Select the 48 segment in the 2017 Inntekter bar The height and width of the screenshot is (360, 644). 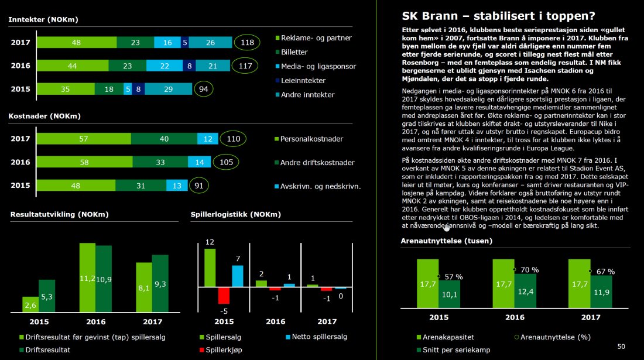click(x=77, y=42)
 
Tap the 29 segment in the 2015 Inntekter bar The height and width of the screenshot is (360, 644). click(x=167, y=89)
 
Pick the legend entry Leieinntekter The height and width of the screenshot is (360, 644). click(x=303, y=80)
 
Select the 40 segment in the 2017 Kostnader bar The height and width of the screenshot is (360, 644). click(x=164, y=139)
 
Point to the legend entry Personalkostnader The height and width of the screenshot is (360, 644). click(x=312, y=139)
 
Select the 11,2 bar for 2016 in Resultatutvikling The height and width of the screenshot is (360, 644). click(x=87, y=278)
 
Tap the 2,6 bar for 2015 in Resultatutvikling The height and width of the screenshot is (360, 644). click(x=30, y=304)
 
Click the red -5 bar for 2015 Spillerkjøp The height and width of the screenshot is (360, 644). click(x=223, y=295)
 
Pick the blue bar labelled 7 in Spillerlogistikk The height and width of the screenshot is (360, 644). click(x=237, y=276)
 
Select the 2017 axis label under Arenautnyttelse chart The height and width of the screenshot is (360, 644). click(x=590, y=317)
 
